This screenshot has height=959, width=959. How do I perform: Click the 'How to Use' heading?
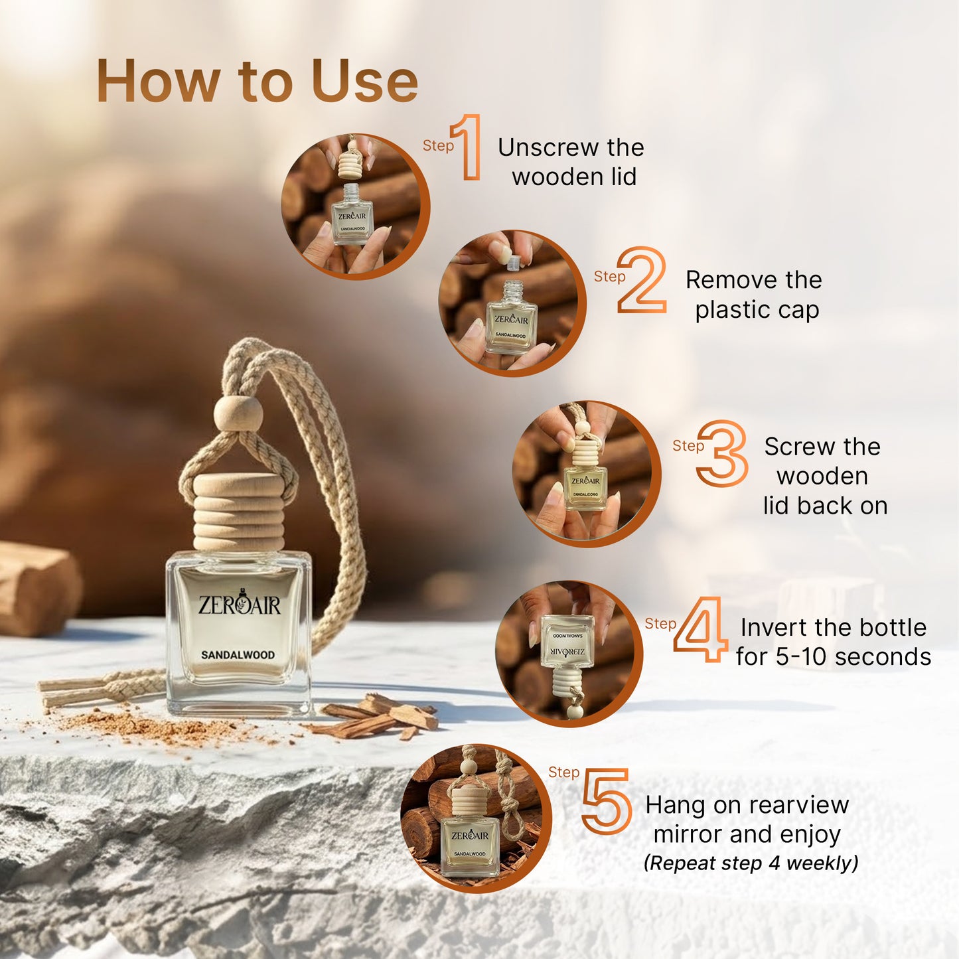pos(257,81)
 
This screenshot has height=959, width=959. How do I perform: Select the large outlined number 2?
pos(642,280)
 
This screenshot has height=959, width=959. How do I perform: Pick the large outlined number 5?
pos(606,801)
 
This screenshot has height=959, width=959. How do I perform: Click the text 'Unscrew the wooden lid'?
pos(571,162)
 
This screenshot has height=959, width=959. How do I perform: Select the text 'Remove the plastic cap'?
pos(755,295)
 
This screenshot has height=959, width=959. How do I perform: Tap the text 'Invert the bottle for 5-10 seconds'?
pos(833,642)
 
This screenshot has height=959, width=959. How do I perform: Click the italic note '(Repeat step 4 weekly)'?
pos(751,863)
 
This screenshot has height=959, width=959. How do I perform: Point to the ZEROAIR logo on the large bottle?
pos(239,603)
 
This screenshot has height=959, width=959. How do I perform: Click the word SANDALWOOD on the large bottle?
pos(238,655)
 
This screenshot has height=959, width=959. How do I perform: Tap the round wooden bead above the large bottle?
pos(238,415)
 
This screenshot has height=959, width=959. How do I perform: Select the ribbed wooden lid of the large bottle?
pos(238,512)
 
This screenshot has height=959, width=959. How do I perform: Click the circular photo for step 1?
pos(355,207)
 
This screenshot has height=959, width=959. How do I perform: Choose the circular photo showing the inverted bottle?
pos(569,654)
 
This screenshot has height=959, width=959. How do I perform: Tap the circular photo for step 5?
pos(476,818)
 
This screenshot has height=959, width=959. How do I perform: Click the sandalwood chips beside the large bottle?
pos(378,717)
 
